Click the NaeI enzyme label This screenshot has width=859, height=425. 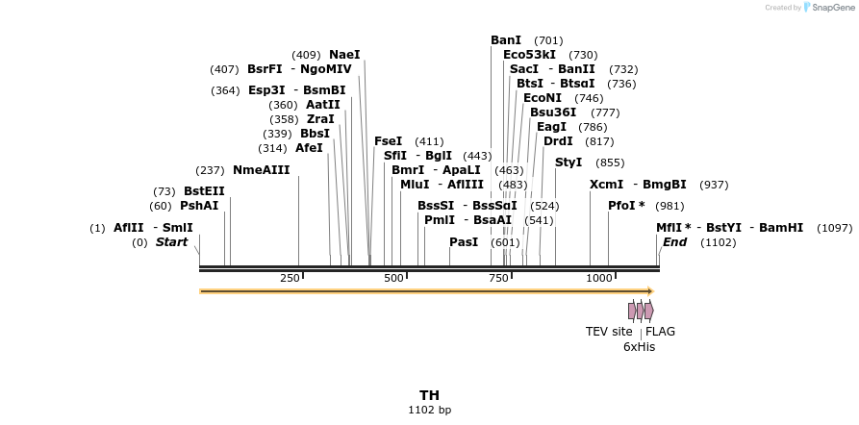coord(344,55)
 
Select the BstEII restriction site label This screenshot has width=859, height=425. coord(204,191)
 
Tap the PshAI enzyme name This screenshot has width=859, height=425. coord(199,206)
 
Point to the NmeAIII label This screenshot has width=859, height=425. coord(261,170)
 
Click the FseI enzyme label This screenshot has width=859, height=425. coord(389,141)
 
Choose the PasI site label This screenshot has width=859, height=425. coord(464,242)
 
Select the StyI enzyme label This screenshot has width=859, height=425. coord(569,162)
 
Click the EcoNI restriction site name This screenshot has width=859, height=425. coord(543,98)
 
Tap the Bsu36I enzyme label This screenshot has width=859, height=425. coord(553,112)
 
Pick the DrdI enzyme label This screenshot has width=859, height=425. coord(558,141)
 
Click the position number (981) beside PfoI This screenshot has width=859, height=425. coord(670,206)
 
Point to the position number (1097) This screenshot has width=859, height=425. coord(834,228)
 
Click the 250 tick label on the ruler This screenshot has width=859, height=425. coord(290,278)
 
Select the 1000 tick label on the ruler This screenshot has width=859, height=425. coord(599,278)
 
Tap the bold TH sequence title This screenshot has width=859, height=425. coord(429,395)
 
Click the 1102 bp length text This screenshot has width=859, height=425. coord(429,411)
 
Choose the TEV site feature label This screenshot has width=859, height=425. coord(609,332)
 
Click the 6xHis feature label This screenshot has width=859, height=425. coord(639,346)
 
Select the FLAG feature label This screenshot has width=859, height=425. coord(661,332)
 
